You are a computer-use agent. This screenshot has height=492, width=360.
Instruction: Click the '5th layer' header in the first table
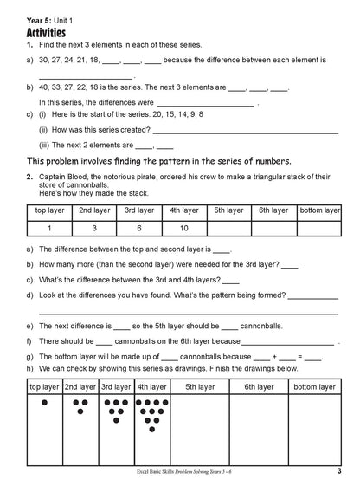[228, 210]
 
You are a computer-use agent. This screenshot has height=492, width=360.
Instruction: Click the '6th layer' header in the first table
[274, 210]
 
